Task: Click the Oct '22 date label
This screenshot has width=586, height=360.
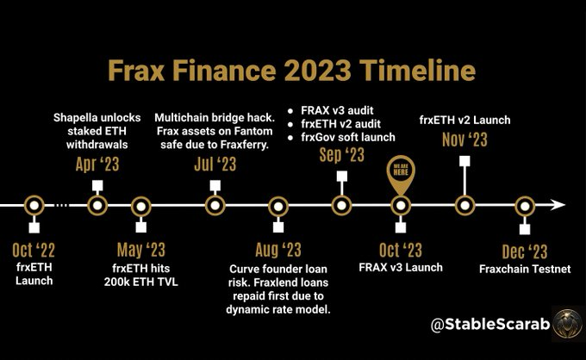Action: [34, 251]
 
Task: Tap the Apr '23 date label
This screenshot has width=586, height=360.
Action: [97, 162]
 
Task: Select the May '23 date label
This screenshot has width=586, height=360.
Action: [140, 251]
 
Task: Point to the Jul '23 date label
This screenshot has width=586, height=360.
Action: [214, 162]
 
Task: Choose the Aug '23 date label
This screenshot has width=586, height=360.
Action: [277, 251]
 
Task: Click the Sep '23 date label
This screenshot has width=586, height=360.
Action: [342, 155]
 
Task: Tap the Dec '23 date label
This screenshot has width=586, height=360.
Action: [525, 251]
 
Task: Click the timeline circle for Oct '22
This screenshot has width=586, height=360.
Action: [34, 205]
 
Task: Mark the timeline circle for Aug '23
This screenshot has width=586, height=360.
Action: [277, 205]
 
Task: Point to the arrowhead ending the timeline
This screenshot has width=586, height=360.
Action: [559, 205]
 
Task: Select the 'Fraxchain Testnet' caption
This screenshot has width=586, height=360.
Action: [525, 269]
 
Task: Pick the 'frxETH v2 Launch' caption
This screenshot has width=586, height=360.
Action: [464, 119]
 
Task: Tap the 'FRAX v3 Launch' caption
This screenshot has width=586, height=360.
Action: [401, 268]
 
